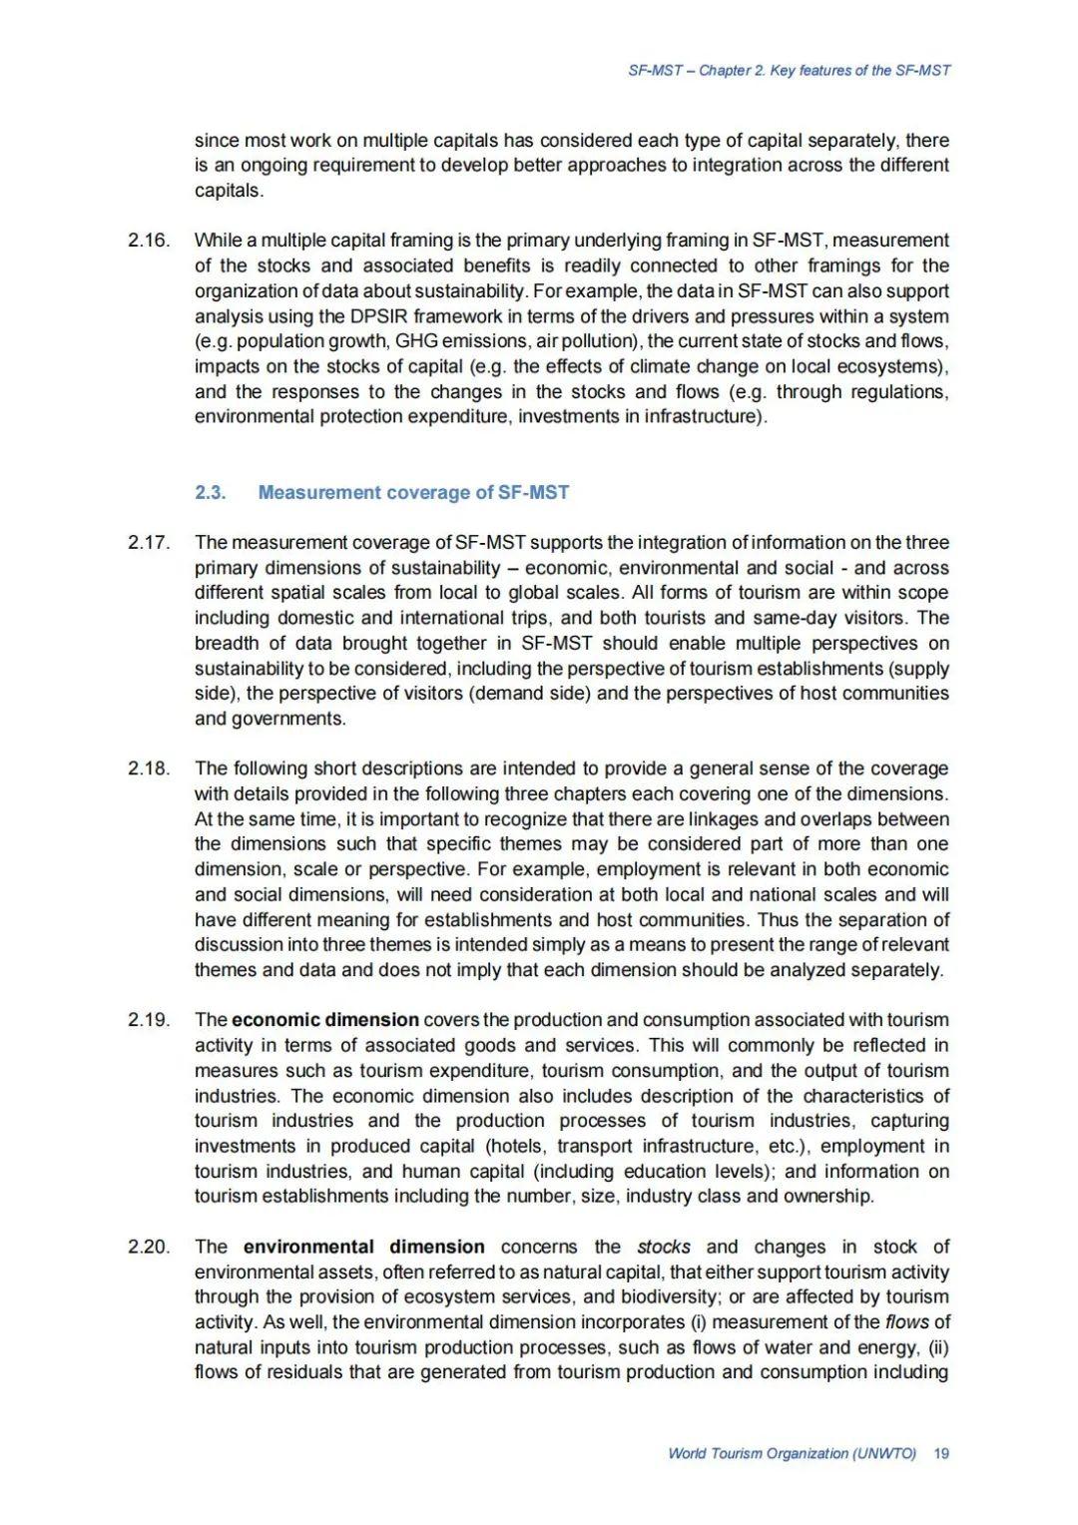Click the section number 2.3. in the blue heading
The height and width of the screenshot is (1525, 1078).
pyautogui.click(x=211, y=492)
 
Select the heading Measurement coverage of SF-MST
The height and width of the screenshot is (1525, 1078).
pyautogui.click(x=413, y=492)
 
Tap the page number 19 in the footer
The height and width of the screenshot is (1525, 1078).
pyautogui.click(x=940, y=1453)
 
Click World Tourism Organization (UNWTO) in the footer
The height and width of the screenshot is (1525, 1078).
pyautogui.click(x=792, y=1453)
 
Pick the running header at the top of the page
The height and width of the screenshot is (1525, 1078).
pyautogui.click(x=789, y=71)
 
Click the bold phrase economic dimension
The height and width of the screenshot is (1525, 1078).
pyautogui.click(x=325, y=1020)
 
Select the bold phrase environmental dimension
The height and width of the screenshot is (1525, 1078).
pyautogui.click(x=363, y=1248)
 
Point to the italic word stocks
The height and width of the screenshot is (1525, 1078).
pyautogui.click(x=664, y=1248)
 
